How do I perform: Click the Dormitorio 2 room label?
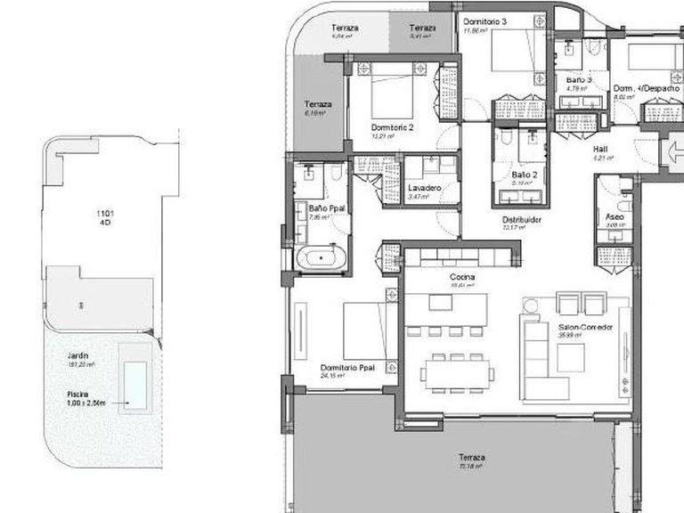[392, 127]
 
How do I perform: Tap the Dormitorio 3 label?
[484, 21]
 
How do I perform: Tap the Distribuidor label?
[522, 219]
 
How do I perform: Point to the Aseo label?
[615, 216]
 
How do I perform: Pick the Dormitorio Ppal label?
[348, 367]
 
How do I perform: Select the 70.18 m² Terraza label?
[473, 458]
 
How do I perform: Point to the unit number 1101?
[106, 214]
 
